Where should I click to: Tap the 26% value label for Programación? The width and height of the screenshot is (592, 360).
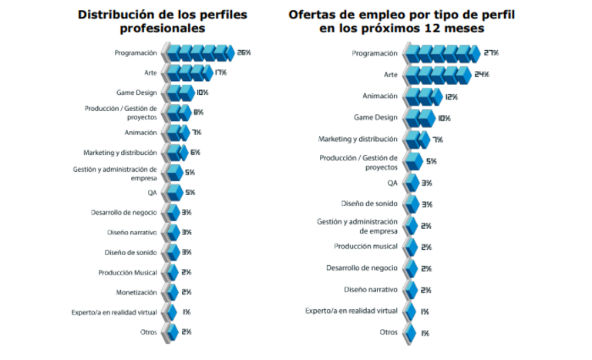244,52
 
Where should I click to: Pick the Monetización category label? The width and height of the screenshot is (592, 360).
136,292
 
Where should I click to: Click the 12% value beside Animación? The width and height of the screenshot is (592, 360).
452,97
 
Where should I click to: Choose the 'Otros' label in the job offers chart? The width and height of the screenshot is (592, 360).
388,331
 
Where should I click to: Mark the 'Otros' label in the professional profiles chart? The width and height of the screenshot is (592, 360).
147,331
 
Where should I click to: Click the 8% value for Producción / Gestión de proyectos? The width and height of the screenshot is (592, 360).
198,113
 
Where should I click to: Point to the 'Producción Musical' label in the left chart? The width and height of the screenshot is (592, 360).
127,272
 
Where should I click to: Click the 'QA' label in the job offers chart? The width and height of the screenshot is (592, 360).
392,183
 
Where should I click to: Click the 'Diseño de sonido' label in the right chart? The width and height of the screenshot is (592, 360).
369,204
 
